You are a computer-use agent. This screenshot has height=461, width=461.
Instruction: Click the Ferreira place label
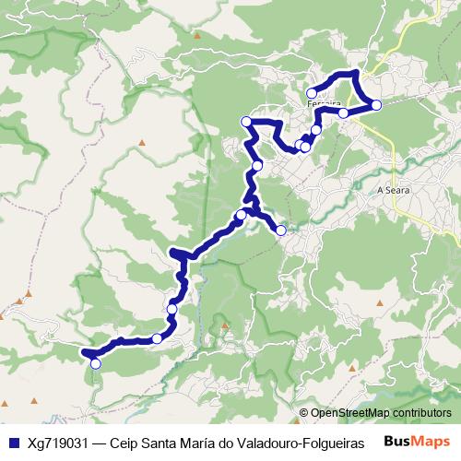324,104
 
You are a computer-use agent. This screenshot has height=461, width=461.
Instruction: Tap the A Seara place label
393,189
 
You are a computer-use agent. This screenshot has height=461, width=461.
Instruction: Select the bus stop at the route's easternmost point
376,105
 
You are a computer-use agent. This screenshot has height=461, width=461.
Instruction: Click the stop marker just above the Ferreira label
312,92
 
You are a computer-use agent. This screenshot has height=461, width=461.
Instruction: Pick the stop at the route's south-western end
94,363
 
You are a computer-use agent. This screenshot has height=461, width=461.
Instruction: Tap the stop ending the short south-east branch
280,230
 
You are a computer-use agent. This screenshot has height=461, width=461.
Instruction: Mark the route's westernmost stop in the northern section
246,123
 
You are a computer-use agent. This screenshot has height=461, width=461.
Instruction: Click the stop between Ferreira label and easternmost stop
343,113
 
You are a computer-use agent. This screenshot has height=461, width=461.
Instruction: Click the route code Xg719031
58,442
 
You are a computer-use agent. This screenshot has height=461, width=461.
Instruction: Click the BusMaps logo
418,441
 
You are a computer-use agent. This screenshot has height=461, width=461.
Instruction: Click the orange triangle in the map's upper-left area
144,142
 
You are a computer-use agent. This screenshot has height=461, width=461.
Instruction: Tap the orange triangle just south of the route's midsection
223,325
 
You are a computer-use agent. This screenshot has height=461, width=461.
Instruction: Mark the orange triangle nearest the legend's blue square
34,402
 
